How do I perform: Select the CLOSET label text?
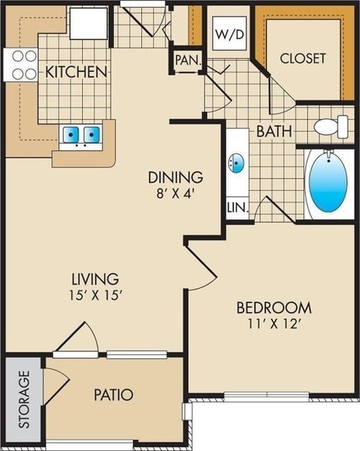[x=302, y=58]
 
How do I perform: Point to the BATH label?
[x=274, y=131]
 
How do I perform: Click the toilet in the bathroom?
[x=331, y=127]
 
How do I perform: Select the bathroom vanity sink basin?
[x=237, y=163]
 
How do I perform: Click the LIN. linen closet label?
[x=236, y=208]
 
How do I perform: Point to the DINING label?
[x=176, y=176]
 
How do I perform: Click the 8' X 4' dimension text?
[x=176, y=193]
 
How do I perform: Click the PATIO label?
[x=114, y=395]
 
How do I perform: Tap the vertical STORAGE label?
[x=24, y=400]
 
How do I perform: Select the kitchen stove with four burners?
[x=22, y=66]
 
